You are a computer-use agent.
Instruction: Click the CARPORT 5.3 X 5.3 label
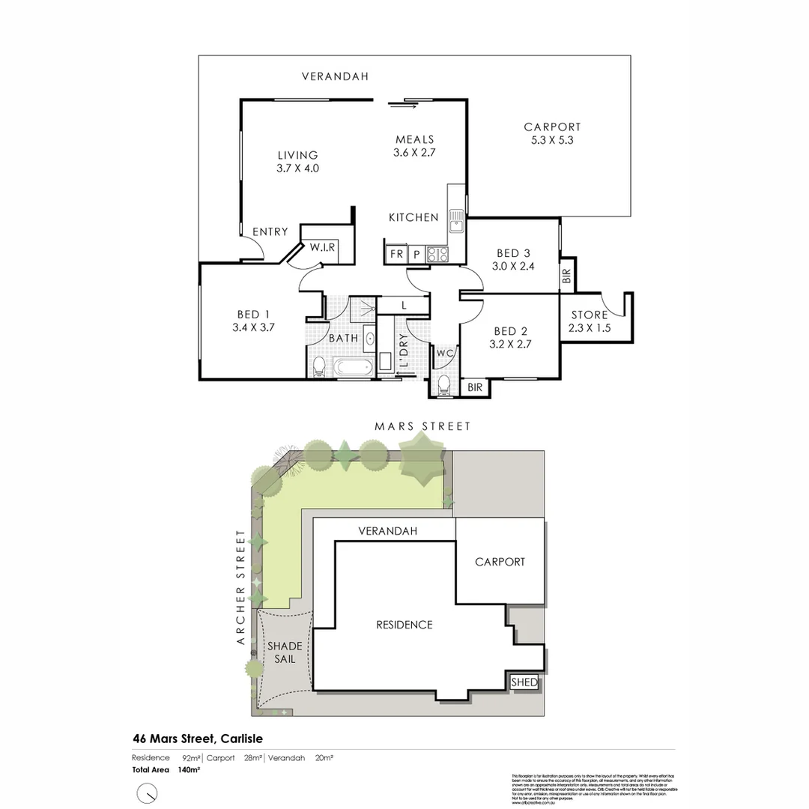(x=552, y=133)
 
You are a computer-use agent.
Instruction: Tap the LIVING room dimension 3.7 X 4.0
(x=297, y=169)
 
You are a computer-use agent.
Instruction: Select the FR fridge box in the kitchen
(x=396, y=255)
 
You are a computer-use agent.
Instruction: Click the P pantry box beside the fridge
(x=416, y=255)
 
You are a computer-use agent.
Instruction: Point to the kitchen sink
(x=455, y=221)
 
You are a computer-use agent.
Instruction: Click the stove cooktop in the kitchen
(x=437, y=255)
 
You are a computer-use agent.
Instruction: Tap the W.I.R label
(x=323, y=248)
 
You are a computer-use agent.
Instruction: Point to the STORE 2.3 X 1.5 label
(x=590, y=321)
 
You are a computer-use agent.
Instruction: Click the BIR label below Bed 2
(x=474, y=387)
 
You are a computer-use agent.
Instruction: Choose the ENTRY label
(x=270, y=232)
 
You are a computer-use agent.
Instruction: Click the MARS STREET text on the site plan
(x=423, y=426)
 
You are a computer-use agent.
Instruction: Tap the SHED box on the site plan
(x=524, y=682)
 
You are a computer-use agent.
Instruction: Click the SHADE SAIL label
(x=285, y=652)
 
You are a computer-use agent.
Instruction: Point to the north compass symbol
(x=148, y=792)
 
